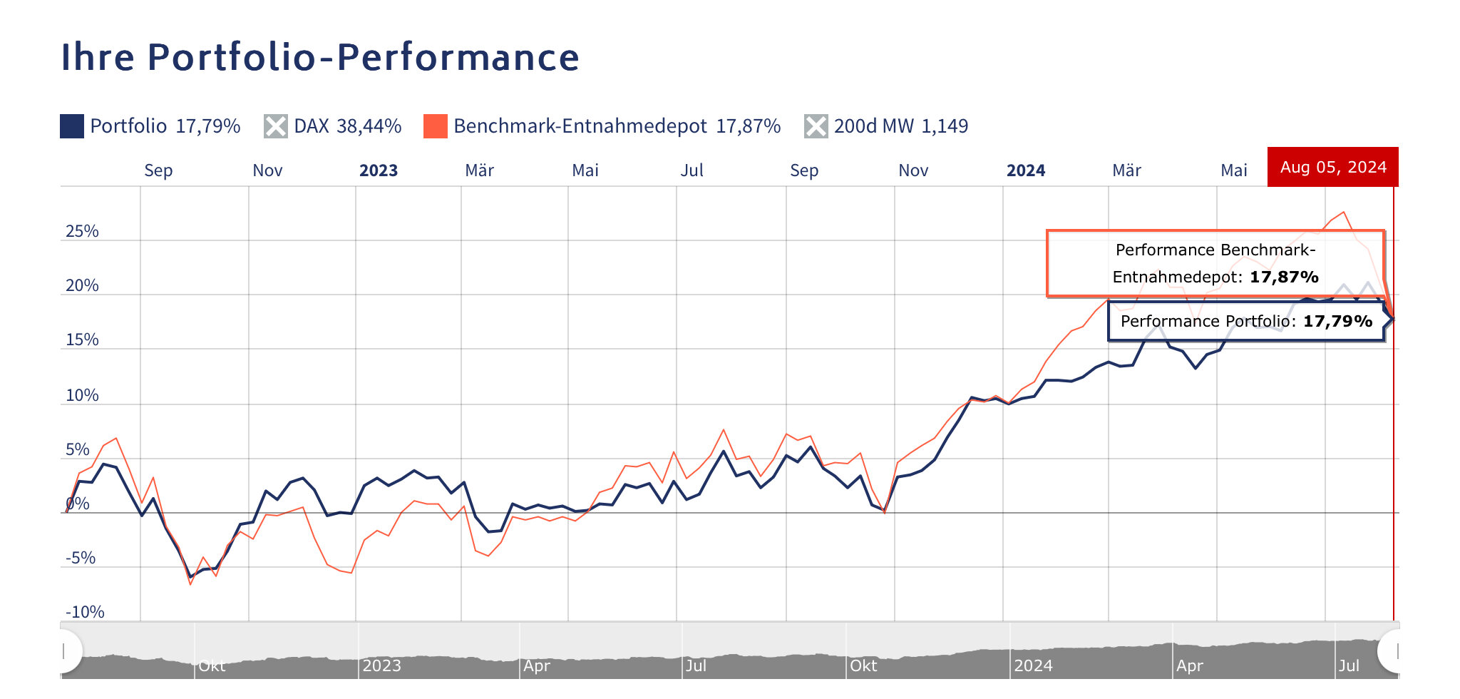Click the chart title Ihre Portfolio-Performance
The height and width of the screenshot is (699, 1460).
320,57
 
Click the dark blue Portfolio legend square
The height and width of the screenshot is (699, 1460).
72,126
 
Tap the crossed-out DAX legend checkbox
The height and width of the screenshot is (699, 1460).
276,126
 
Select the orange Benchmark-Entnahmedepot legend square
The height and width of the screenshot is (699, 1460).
436,126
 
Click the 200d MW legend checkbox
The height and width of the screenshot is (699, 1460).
816,126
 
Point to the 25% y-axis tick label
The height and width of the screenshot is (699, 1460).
82,231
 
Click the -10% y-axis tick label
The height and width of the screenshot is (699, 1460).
85,612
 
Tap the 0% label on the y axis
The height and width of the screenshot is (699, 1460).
78,504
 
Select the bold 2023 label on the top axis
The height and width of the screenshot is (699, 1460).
379,170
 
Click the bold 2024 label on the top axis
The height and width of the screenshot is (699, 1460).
1026,170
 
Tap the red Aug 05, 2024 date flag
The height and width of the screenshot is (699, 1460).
1333,167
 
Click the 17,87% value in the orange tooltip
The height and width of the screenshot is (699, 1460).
1284,277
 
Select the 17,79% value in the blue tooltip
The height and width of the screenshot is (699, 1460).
1337,321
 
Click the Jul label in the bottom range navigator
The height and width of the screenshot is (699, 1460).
1349,665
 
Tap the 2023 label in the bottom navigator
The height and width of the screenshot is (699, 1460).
381,665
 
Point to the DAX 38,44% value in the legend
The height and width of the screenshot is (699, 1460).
369,126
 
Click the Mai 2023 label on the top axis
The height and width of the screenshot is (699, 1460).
585,170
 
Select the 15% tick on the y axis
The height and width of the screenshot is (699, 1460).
82,340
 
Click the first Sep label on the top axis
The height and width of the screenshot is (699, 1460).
158,170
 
